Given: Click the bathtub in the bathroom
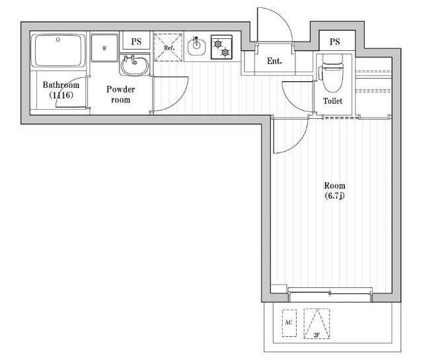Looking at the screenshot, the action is [x=58, y=51].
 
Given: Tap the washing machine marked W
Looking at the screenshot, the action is [x=104, y=48].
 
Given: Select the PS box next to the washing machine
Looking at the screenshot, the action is [x=135, y=41].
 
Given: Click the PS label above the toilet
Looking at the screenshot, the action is [x=335, y=42].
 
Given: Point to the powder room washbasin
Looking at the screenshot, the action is [x=134, y=65].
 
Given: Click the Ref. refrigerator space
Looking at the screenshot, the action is [x=169, y=48].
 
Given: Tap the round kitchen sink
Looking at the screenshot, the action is [x=196, y=46].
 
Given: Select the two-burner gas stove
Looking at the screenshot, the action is [x=221, y=47].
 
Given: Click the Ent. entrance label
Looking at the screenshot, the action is [x=274, y=61].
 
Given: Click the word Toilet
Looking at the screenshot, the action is [x=332, y=101].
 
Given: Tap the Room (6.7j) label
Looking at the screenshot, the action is [x=334, y=191].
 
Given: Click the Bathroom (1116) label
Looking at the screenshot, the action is [x=61, y=90].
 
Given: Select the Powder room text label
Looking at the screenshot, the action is [x=120, y=94].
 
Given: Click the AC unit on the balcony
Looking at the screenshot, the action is [x=289, y=323].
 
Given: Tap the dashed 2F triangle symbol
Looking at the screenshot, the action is [x=317, y=323].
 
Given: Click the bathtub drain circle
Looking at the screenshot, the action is [x=58, y=40].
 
